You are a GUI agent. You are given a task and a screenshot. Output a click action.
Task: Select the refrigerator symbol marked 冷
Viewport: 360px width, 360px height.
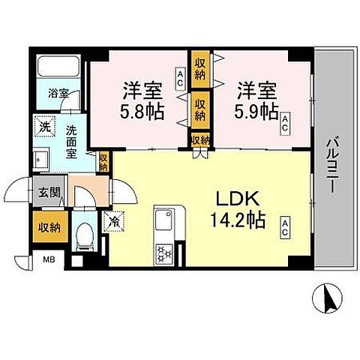[113, 222]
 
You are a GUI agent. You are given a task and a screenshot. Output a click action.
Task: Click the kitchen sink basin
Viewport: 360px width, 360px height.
[163, 221]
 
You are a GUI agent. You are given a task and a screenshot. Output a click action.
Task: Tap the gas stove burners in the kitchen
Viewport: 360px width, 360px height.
[163, 253]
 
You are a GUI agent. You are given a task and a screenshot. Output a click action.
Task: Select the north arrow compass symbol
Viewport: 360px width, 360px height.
[328, 300]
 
